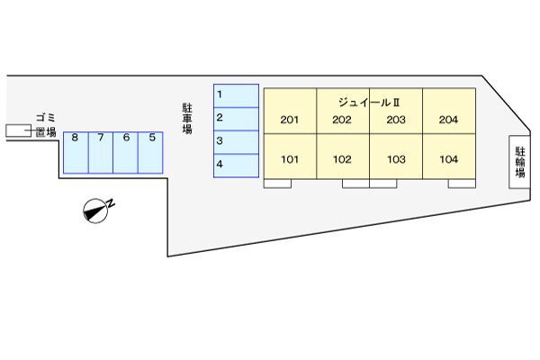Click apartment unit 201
290,120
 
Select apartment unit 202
342,120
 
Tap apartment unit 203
396,120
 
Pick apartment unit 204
448,120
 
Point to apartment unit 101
290,160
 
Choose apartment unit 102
342,160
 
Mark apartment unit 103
396,160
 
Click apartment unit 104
448,160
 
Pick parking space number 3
236,142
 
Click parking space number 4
236,165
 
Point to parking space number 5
152,151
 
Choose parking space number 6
126,151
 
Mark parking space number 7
101,151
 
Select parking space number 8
76,151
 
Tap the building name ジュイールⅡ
370,102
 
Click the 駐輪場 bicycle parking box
520,162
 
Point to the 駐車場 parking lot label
187,118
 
